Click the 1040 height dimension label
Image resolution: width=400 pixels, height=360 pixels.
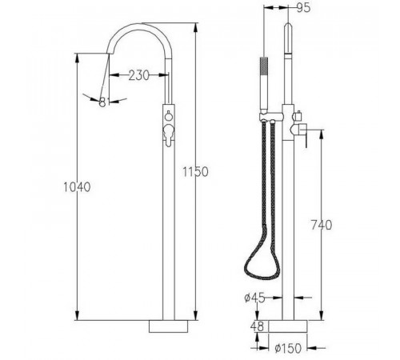(77, 187)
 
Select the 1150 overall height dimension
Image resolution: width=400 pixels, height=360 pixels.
(195, 172)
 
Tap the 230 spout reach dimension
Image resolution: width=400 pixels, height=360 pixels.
(139, 75)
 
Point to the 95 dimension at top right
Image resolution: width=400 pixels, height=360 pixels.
(303, 8)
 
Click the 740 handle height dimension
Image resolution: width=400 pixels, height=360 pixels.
(322, 225)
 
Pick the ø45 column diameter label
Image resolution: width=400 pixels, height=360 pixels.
(254, 298)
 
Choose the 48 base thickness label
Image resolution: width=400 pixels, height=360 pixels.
(257, 326)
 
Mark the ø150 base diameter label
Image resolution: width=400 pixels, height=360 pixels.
(288, 348)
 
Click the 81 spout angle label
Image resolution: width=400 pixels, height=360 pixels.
(104, 102)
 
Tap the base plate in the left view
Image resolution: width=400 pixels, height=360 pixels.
(169, 326)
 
